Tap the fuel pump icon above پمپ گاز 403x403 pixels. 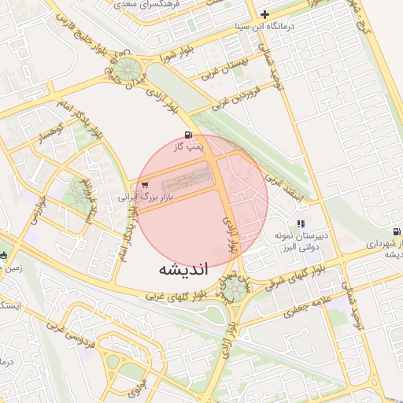(187, 135)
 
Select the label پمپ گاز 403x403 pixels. (188, 146)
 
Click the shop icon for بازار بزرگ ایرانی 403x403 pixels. (142, 186)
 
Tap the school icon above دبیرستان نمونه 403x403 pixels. (301, 224)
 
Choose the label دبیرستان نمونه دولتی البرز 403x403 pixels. (300, 241)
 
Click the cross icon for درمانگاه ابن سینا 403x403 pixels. (265, 14)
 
